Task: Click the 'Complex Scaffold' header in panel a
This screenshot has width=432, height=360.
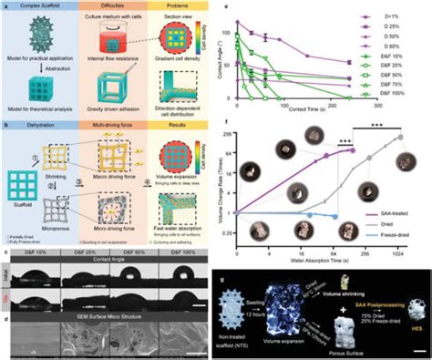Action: pyautogui.click(x=47, y=7)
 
